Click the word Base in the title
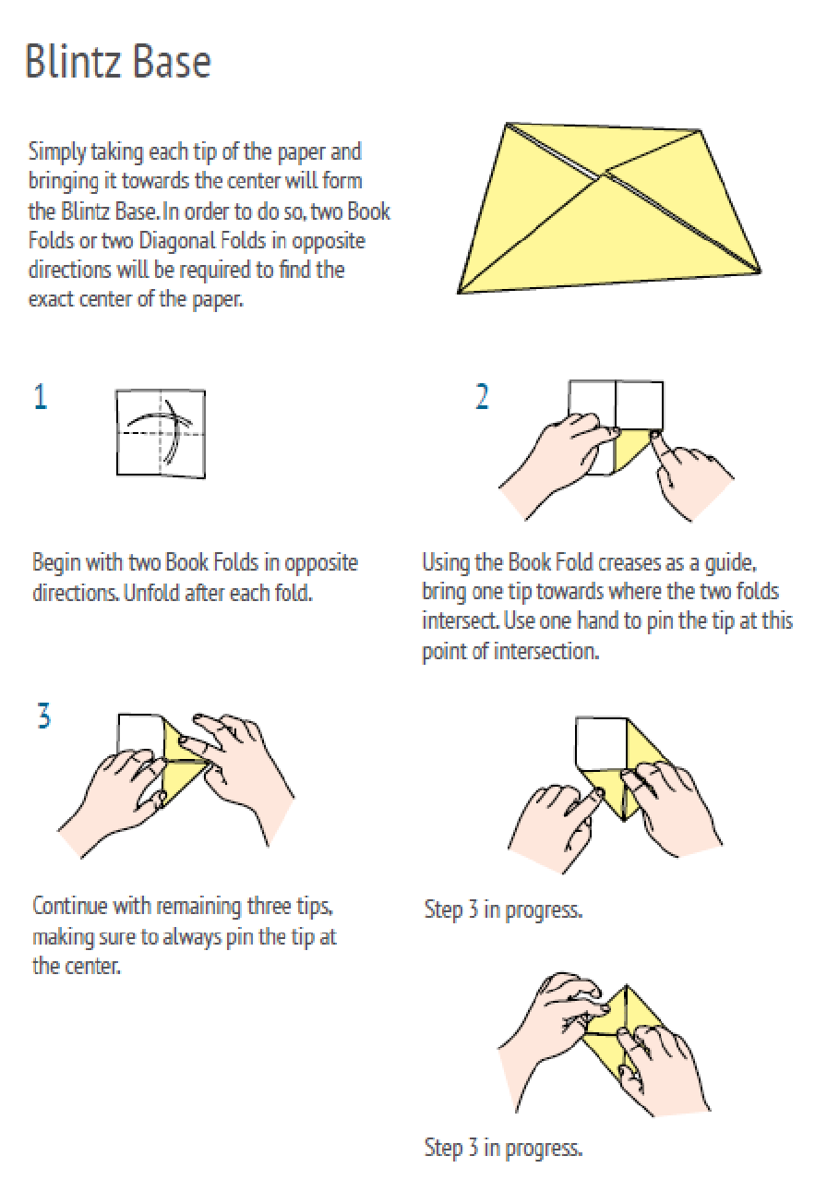pos(172,62)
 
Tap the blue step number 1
pos(41,397)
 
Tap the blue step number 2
pos(482,397)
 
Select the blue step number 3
pos(44,716)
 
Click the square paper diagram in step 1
pos(161,434)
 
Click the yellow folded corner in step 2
pos(631,452)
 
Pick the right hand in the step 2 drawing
pos(691,476)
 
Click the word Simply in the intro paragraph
pos(57,152)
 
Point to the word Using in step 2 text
pos(444,563)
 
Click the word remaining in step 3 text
pos(199,907)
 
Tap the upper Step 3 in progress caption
pos(503,909)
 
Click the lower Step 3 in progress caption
pos(503,1148)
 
